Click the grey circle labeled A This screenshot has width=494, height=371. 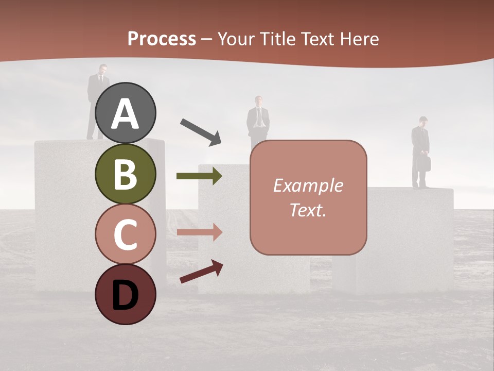tap(126, 113)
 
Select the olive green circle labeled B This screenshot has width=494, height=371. tap(126, 174)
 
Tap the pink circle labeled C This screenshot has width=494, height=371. tap(126, 234)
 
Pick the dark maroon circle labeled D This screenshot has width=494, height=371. tap(126, 294)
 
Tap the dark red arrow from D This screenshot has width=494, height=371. tap(201, 272)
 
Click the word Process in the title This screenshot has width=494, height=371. tap(162, 39)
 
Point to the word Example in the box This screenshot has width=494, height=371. tap(308, 185)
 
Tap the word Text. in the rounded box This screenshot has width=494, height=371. tap(308, 210)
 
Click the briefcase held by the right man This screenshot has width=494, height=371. tap(424, 163)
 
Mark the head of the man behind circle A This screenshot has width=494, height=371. tap(103, 69)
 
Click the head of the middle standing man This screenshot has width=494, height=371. tap(258, 100)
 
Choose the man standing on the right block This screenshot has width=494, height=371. tap(420, 152)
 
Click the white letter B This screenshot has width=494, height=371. tap(126, 174)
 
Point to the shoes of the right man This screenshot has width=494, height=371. tap(421, 186)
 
